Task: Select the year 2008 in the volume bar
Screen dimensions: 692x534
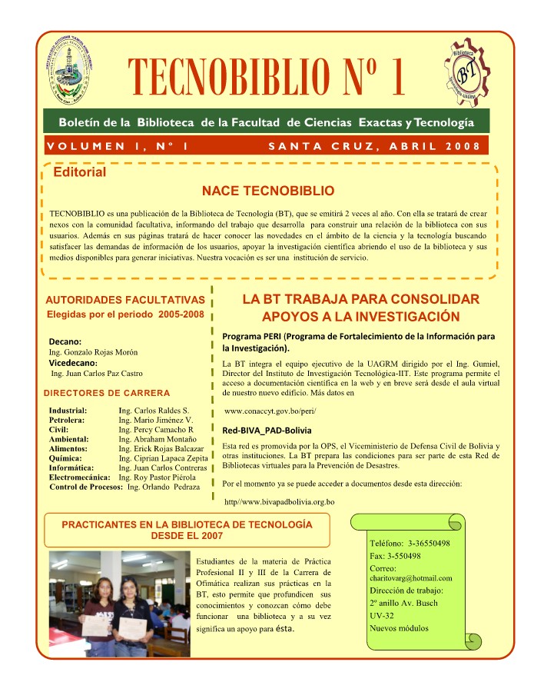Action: coord(463,146)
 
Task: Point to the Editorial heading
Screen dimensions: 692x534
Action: coord(79,173)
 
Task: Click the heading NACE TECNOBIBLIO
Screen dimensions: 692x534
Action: coord(267,190)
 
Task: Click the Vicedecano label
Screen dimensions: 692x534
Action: coord(72,362)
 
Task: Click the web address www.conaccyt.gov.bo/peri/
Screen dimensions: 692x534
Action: coord(270,411)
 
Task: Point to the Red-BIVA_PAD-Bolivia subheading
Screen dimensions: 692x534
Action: coord(266,431)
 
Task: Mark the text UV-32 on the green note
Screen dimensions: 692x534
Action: coord(382,616)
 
